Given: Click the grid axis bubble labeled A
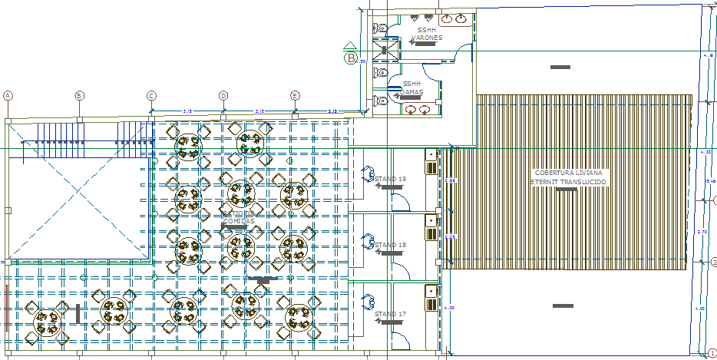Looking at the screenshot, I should click(x=8, y=95).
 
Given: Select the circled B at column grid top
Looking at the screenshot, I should click(x=79, y=95).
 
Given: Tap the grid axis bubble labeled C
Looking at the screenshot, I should click(x=151, y=95).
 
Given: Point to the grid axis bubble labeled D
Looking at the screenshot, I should click(x=223, y=95).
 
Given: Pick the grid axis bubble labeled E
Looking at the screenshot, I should click(x=295, y=95).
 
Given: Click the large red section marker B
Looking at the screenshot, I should click(x=351, y=57).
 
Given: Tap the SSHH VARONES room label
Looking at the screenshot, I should click(x=426, y=34).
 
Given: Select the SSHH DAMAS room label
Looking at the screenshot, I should click(x=412, y=87).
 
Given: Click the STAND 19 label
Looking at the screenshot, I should click(x=390, y=179).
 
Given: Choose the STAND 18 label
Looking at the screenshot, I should click(x=390, y=245).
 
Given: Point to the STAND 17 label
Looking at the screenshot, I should click(x=390, y=314).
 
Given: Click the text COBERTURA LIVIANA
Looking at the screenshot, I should click(x=569, y=173).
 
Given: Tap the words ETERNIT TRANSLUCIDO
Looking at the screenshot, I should click(x=569, y=182).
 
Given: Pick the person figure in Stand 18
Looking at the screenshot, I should click(x=368, y=241).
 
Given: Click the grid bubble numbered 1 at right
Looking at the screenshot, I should click(x=712, y=350).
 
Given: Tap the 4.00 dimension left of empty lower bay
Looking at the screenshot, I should click(x=450, y=308).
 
